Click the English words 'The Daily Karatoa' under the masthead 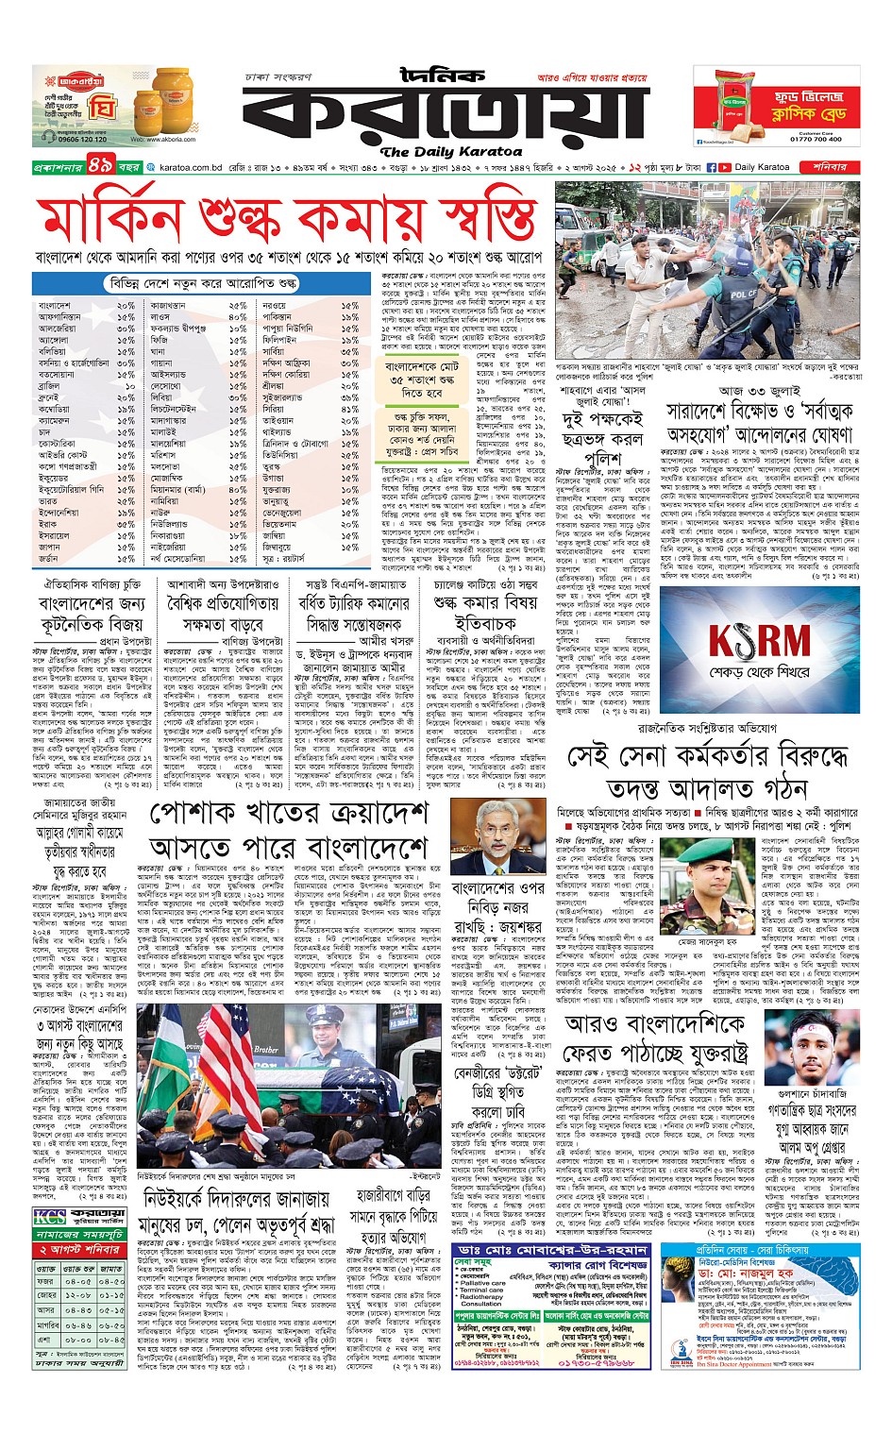450,151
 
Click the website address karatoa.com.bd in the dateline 191,167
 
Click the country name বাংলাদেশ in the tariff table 55,306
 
